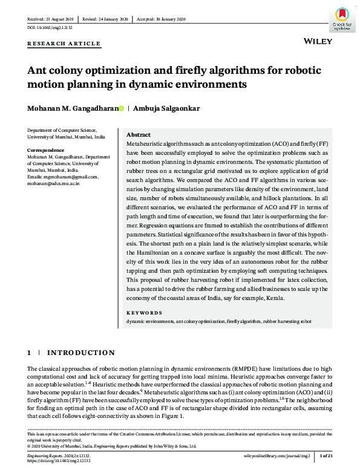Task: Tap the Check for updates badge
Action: pos(341,19)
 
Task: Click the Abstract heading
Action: pos(139,135)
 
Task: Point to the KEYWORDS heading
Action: pos(144,313)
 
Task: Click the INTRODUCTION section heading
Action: pos(80,352)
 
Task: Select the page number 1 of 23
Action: pos(325,455)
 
